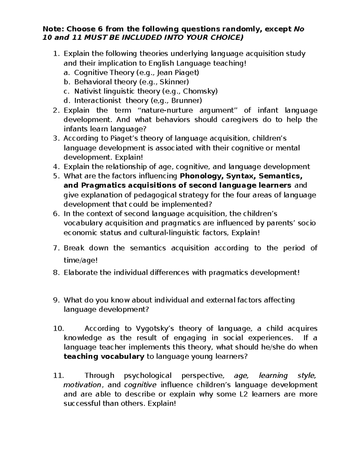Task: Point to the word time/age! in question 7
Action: pyautogui.click(x=80, y=261)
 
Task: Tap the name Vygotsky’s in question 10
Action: pyautogui.click(x=153, y=329)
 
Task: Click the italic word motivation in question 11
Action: pyautogui.click(x=82, y=385)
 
